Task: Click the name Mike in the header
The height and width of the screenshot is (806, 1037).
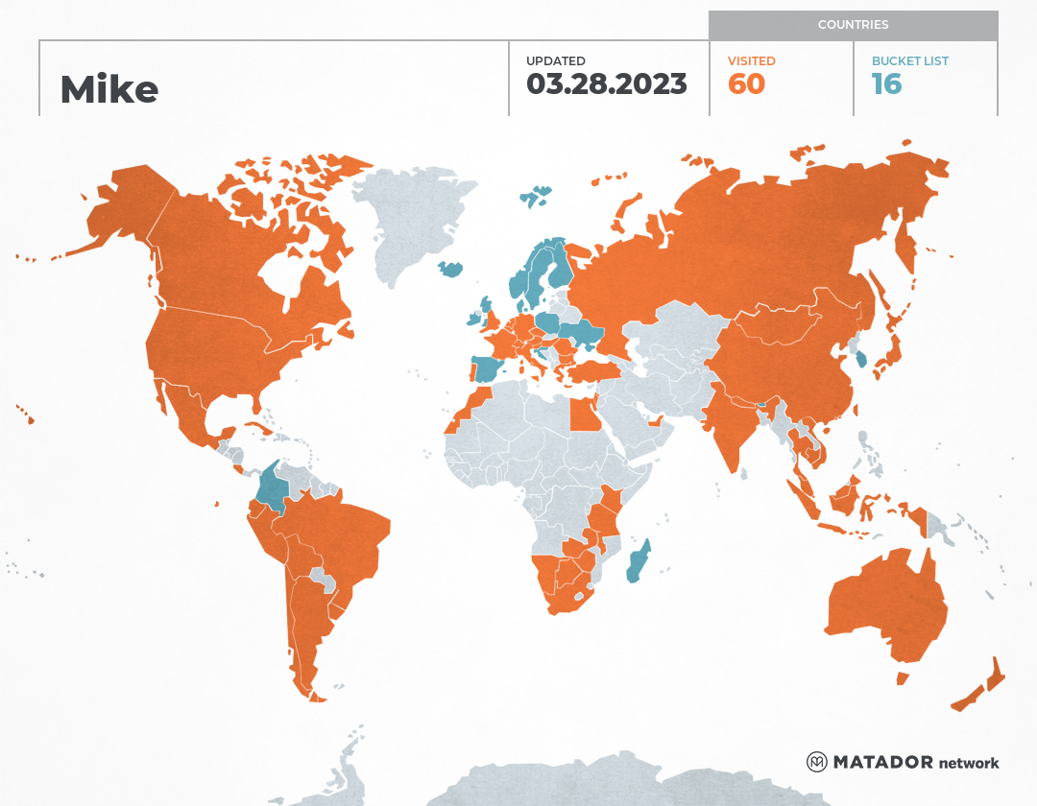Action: click(x=109, y=89)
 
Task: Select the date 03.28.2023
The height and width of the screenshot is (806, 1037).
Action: click(x=606, y=84)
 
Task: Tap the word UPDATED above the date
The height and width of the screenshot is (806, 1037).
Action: click(x=555, y=60)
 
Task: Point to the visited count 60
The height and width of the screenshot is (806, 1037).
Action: click(x=746, y=84)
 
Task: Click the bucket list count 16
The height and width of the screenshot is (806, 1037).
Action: click(x=886, y=84)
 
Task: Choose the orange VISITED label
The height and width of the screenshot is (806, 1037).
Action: click(x=751, y=60)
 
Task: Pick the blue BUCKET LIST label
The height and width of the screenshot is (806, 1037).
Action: click(x=909, y=60)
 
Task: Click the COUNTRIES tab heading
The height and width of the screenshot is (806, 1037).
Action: click(x=853, y=25)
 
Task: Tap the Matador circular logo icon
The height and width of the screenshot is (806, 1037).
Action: click(x=817, y=762)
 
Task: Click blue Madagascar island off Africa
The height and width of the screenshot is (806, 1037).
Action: click(x=639, y=561)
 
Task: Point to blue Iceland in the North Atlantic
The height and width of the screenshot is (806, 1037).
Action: click(x=450, y=269)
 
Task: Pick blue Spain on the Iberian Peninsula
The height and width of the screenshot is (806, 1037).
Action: click(x=488, y=369)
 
